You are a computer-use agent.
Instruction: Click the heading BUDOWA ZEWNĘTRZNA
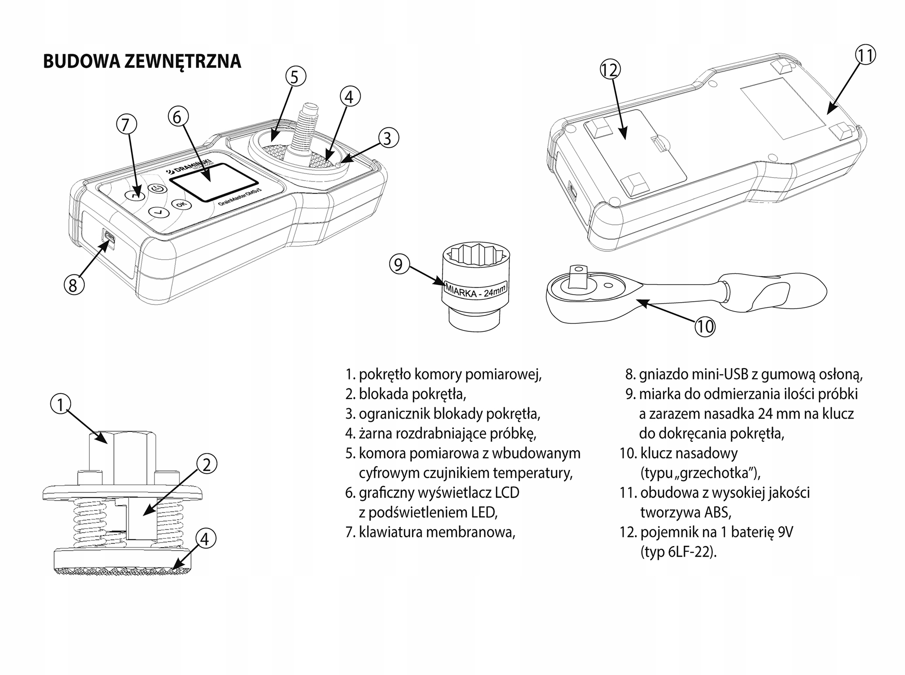[142, 61]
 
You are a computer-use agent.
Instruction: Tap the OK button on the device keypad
[181, 204]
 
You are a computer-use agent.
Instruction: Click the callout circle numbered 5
[295, 76]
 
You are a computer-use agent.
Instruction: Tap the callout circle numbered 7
[126, 125]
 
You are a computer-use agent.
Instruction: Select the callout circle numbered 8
[74, 285]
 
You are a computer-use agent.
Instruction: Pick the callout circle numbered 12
[609, 70]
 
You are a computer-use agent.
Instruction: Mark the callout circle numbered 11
[865, 55]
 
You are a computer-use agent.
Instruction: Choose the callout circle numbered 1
[60, 405]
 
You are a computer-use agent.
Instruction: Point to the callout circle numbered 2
[206, 464]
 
